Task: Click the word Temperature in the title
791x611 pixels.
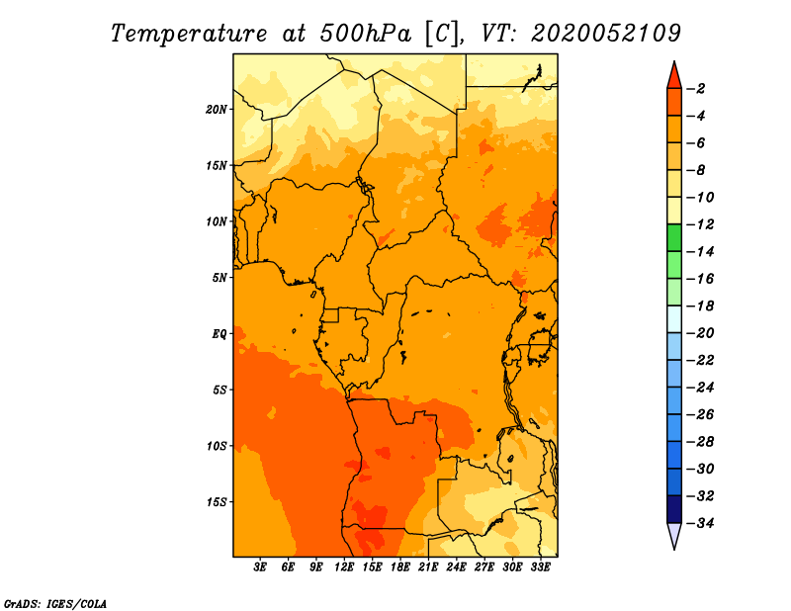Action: (189, 35)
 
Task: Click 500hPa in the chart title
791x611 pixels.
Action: (366, 34)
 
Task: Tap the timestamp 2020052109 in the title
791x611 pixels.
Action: (606, 34)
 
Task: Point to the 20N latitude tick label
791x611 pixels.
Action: (217, 110)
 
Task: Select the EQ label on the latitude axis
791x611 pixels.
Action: (219, 334)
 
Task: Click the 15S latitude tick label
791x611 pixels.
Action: (217, 502)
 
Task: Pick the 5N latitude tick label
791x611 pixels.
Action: (220, 278)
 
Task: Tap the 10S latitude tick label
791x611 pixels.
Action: (217, 446)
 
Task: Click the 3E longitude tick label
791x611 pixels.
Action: (260, 567)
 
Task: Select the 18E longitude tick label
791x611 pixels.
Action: (400, 567)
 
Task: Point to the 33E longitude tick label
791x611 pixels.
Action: (540, 567)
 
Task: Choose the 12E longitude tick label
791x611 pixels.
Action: (344, 567)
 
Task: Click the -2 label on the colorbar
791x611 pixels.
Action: (696, 89)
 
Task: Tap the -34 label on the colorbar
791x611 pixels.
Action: (700, 523)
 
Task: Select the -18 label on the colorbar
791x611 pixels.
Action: (700, 305)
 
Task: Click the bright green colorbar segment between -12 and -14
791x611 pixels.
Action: (674, 237)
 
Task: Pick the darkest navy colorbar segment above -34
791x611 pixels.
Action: (674, 509)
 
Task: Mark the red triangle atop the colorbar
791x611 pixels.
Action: (674, 76)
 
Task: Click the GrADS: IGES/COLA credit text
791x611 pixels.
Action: (55, 604)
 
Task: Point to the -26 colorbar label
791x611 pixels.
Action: (700, 414)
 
